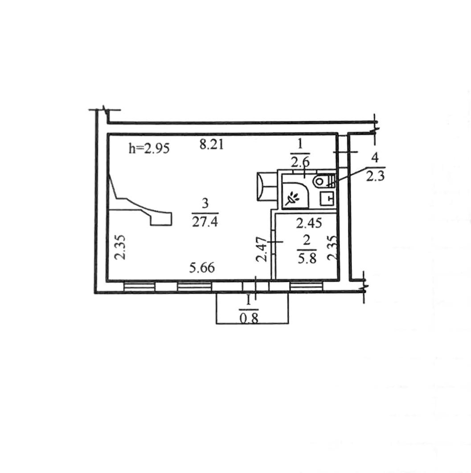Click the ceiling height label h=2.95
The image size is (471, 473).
pyautogui.click(x=149, y=148)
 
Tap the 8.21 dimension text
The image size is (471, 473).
pyautogui.click(x=212, y=145)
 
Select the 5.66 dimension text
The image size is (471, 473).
pyautogui.click(x=202, y=267)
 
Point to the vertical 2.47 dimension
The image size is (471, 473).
pyautogui.click(x=262, y=249)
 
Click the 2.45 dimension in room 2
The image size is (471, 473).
pyautogui.click(x=309, y=223)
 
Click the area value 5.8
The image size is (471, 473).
pyautogui.click(x=307, y=258)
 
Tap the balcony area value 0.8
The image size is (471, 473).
pyautogui.click(x=249, y=318)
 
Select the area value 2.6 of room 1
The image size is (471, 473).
pyautogui.click(x=300, y=163)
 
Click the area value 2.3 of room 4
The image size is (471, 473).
pyautogui.click(x=375, y=176)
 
